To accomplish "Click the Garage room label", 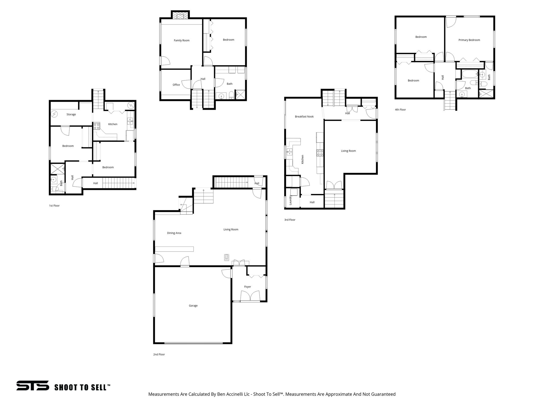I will coord(193,306).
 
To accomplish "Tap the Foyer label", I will coord(248,287).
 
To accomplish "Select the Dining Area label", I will coord(174,233).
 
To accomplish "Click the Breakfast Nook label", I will coord(304,117).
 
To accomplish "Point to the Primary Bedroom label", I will coord(469,40).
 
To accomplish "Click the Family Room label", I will coord(182,41).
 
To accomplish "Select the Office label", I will coord(176,85).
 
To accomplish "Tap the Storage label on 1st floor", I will coord(71,114).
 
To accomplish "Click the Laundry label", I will coord(290,200).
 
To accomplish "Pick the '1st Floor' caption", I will coord(54,206).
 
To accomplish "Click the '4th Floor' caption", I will coord(400,110).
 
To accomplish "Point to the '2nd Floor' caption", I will coord(159,354).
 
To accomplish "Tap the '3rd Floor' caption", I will coord(290,220).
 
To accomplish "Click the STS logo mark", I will coord(33,385).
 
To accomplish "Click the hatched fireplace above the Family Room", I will coord(180,15).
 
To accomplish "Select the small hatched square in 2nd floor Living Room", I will coord(226,257).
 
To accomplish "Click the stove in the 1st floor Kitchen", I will coord(96,126).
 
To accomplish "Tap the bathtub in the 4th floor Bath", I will coord(469,74).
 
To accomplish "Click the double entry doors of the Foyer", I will coord(250,296).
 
